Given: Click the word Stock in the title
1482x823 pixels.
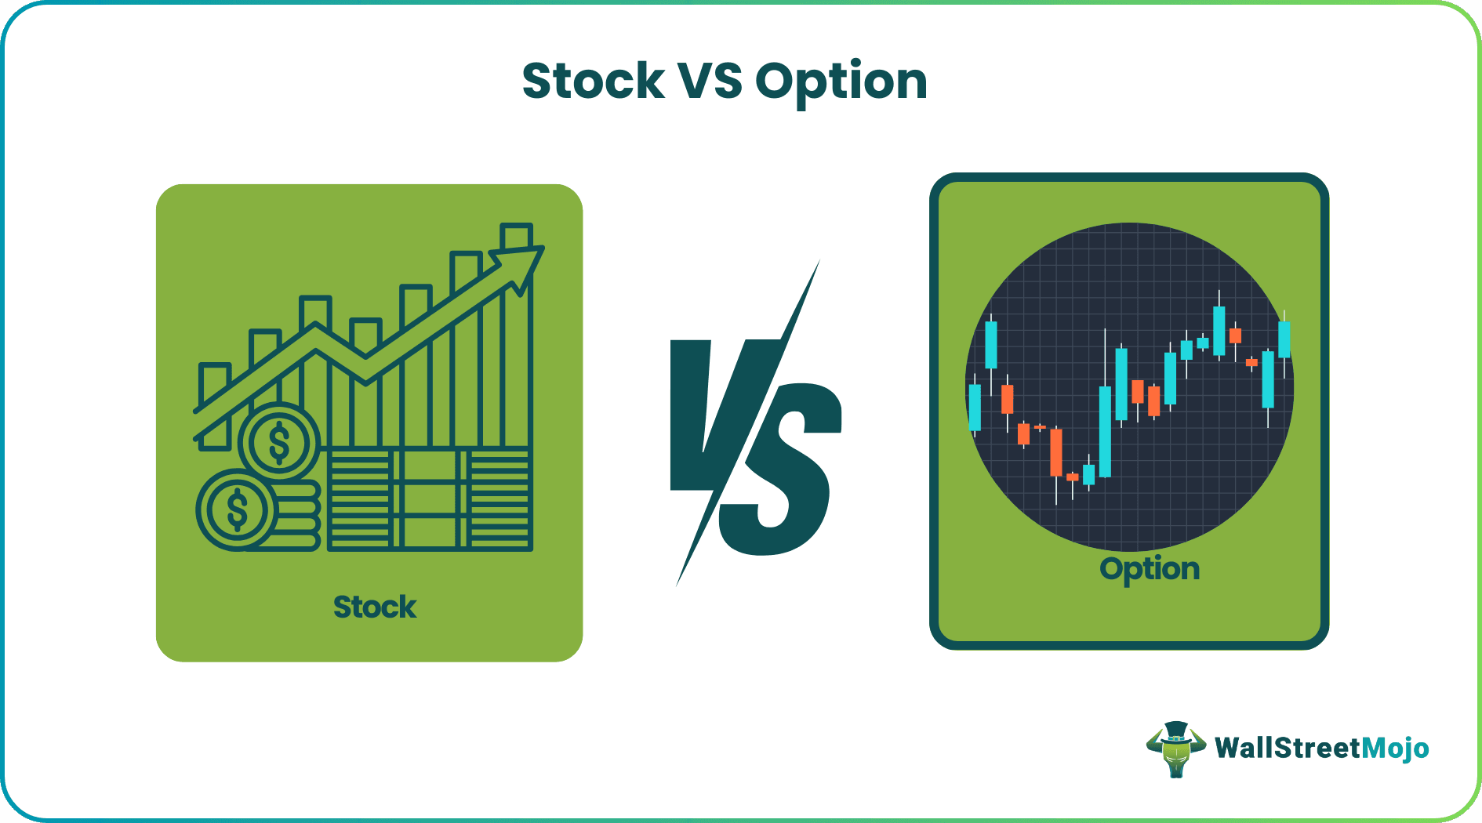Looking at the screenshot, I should tap(594, 82).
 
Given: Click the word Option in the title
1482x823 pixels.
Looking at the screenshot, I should tap(841, 82).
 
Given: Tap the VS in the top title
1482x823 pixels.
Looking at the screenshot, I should tap(710, 82).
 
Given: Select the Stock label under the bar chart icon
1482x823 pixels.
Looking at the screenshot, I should tap(375, 607).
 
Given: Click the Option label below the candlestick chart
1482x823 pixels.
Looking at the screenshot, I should tap(1150, 569).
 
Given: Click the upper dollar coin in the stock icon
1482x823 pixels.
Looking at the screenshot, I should tap(278, 442).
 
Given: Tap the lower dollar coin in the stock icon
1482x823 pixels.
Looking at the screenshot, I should tap(236, 509).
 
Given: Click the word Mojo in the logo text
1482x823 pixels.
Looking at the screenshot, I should tap(1395, 749).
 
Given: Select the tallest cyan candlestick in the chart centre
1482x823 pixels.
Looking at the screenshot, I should tap(1105, 431).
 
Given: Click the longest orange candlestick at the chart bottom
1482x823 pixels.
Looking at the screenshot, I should tap(1056, 452).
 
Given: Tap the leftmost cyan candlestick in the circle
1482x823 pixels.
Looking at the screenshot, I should tap(975, 408).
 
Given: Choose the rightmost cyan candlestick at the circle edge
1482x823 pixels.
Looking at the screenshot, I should tap(1284, 339).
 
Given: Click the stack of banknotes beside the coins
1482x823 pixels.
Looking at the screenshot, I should tap(429, 499).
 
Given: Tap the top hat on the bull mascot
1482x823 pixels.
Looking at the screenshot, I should tap(1175, 732).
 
